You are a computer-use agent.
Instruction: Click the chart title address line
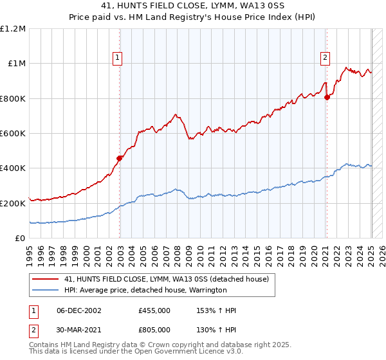pos(193,6)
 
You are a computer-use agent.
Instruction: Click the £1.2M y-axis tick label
pos(13,28)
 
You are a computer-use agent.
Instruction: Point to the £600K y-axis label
pos(13,133)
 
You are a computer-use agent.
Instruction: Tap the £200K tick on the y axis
pos(13,203)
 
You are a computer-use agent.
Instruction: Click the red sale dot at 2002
pos(120,158)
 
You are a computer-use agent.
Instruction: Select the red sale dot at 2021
pos(327,97)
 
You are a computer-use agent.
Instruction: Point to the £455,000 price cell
pos(154,310)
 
